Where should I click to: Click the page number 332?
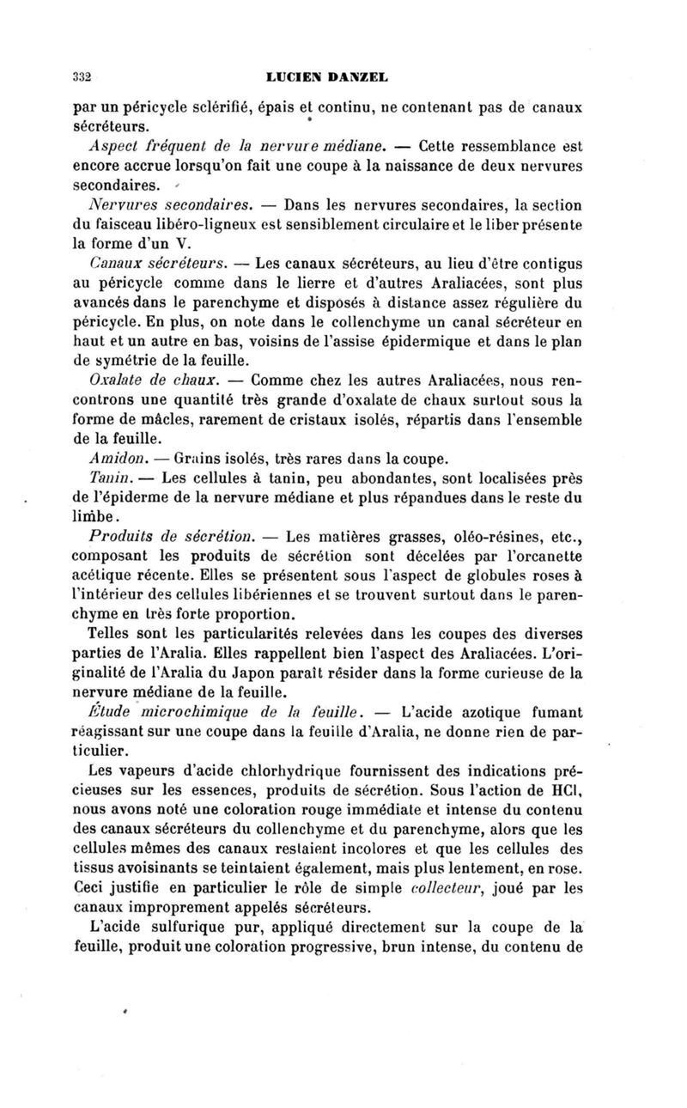(82, 76)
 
